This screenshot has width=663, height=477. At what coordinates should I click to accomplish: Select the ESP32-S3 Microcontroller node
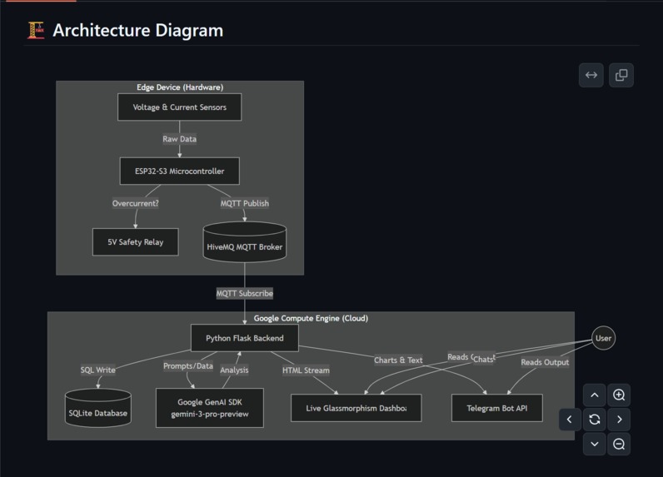coord(179,171)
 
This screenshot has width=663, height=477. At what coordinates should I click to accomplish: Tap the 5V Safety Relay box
coord(135,242)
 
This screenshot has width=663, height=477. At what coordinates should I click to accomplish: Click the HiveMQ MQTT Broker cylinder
coord(244,243)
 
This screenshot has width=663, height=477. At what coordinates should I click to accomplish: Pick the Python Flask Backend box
coord(244,338)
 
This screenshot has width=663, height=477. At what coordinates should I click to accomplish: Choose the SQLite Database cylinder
coord(97,410)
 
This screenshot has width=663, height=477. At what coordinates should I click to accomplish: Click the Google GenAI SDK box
coord(209,408)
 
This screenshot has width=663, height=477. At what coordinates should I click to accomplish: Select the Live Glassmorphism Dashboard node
coord(356,408)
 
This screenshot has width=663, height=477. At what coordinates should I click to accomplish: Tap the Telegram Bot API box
coord(496,408)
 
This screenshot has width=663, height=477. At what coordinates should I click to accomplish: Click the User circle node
coord(603,338)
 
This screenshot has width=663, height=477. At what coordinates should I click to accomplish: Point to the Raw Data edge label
coord(179,139)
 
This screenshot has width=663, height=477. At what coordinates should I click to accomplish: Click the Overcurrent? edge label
coord(136,203)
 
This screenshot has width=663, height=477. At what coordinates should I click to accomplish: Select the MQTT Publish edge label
coord(244,203)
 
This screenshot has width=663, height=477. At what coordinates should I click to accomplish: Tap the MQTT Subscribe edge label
coord(244,293)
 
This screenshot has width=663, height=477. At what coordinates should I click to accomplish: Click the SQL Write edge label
coord(97,370)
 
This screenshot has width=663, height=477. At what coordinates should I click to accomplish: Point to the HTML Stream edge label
coord(306,370)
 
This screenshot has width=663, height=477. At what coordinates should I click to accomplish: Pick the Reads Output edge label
coord(545,362)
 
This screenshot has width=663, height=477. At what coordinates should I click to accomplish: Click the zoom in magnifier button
coord(619,395)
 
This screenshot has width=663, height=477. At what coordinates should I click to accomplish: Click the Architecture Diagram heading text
coord(137,31)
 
